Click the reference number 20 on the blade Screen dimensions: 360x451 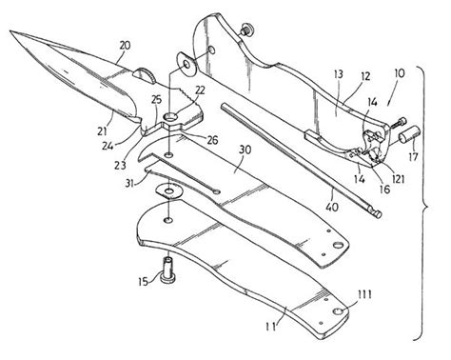pyautogui.click(x=126, y=44)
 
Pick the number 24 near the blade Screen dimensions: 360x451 pyautogui.click(x=136, y=147)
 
